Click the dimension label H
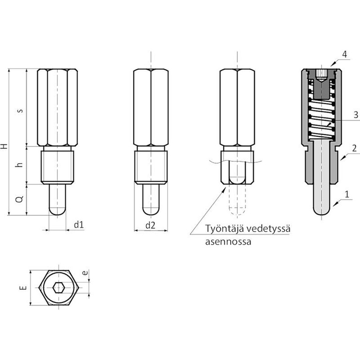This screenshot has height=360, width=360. coord(4,146)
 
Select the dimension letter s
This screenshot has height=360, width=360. coord(21,111)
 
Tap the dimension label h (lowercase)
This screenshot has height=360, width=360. coord(20,165)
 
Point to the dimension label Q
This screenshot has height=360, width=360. coord(20,199)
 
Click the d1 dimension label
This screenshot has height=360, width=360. coord(79,225)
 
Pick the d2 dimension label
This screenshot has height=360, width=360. coord(150,225)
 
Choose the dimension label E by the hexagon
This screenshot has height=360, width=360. coord(23,288)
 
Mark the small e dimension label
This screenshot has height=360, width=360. coord(85,273)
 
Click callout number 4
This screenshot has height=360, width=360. coord(345,54)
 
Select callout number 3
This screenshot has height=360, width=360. coord(356,115)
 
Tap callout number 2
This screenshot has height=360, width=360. coord(354,148)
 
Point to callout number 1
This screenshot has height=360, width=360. coord(347,194)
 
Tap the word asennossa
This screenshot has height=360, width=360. coord(228,242)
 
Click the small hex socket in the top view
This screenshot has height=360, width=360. coord(58,288)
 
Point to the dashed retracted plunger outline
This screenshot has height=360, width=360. coord(237,199)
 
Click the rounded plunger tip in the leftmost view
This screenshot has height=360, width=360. coord(57,211)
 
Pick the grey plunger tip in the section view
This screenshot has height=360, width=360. coord(322,210)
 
